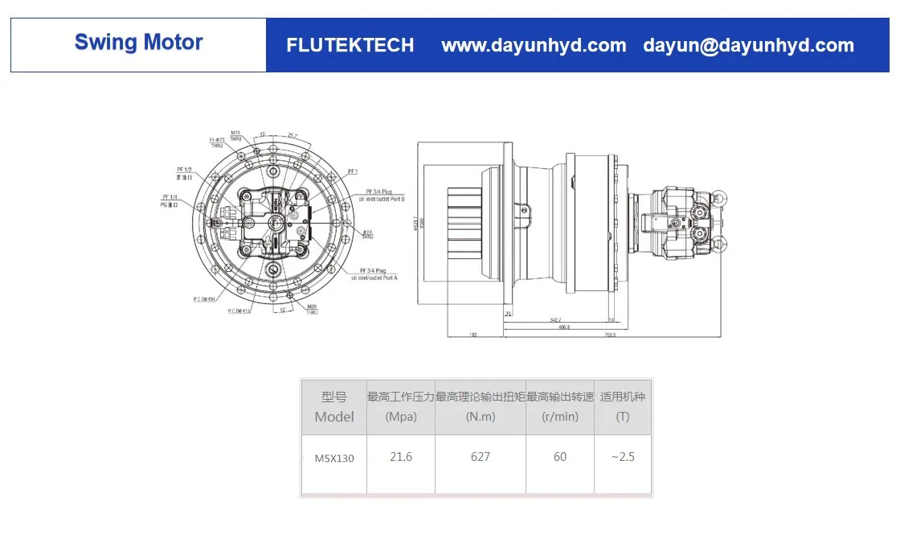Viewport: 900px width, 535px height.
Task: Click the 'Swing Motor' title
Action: (138, 43)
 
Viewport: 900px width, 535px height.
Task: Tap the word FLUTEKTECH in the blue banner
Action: (350, 46)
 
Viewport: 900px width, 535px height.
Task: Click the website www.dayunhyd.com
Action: (534, 46)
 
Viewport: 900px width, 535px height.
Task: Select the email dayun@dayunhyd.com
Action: (748, 46)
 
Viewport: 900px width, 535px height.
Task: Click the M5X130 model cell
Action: (334, 458)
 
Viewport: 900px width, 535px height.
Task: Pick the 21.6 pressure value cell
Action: (400, 457)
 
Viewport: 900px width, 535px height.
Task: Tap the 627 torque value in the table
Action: (481, 457)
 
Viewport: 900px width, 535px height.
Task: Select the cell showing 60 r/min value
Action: (560, 457)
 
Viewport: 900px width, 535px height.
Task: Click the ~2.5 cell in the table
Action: (622, 457)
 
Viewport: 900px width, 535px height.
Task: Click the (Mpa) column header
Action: (400, 417)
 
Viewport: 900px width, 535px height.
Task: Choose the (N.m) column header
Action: (481, 417)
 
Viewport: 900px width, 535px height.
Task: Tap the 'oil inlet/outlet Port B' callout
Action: (382, 198)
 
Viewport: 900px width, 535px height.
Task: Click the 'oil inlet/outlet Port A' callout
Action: (378, 278)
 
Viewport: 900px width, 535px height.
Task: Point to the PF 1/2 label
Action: (184, 171)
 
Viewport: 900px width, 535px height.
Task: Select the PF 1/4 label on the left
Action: (170, 197)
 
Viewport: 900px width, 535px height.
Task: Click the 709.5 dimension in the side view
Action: (610, 335)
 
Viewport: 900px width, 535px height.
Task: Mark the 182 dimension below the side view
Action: (473, 335)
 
